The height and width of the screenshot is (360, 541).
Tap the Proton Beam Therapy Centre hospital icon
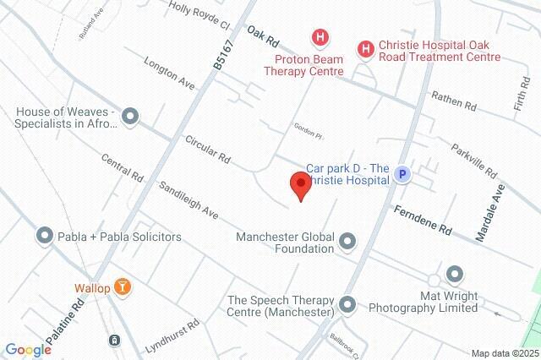[320, 37]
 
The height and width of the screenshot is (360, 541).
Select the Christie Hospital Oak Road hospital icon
[365, 50]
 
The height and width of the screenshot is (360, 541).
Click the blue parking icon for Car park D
[403, 175]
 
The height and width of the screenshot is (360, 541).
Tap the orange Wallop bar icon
[123, 288]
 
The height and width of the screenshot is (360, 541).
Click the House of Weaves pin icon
[129, 116]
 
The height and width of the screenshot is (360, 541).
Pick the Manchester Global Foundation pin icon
[347, 243]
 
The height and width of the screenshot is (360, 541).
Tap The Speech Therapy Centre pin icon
[347, 304]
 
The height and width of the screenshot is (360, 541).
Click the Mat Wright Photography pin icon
[455, 274]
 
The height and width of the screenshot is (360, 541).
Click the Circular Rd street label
[208, 151]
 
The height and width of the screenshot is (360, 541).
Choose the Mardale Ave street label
[489, 214]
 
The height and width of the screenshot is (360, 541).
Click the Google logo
[28, 350]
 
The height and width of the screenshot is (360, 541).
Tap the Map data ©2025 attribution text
[504, 353]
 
